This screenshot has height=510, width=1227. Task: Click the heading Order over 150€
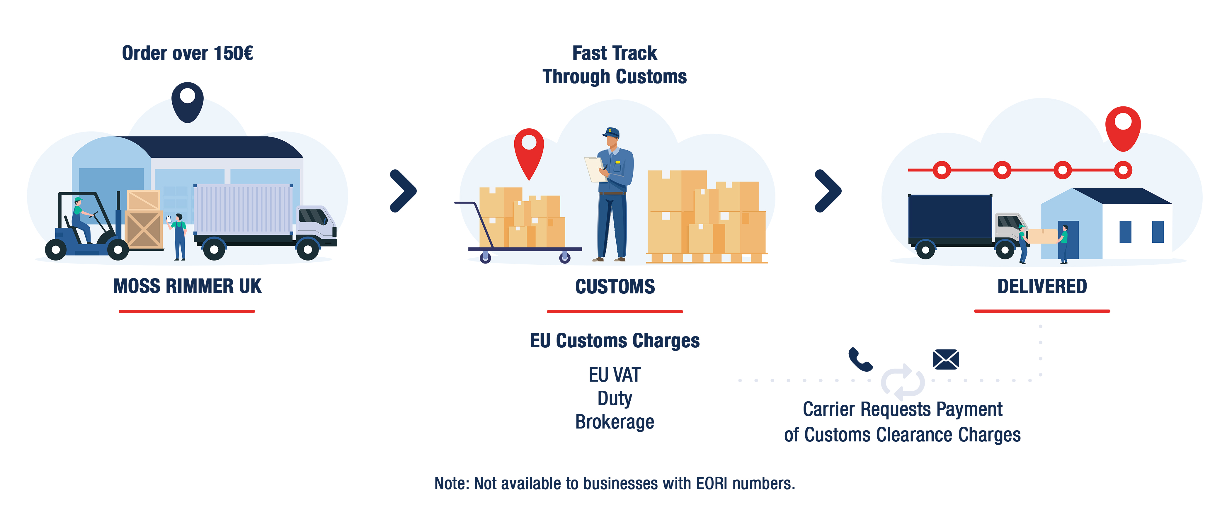tap(187, 53)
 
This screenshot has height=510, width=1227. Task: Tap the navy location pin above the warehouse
tap(187, 101)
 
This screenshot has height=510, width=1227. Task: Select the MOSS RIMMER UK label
tap(187, 286)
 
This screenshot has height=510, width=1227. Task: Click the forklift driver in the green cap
tap(81, 219)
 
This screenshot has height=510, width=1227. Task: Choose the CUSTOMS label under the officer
tap(615, 286)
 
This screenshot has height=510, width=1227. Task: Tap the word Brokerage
tap(615, 422)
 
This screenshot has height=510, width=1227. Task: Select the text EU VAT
tap(615, 375)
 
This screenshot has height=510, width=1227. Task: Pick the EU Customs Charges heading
tap(615, 341)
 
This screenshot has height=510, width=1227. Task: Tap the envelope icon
tap(945, 360)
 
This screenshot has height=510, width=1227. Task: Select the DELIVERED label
tap(1042, 286)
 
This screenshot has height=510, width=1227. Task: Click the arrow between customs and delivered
tap(828, 191)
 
